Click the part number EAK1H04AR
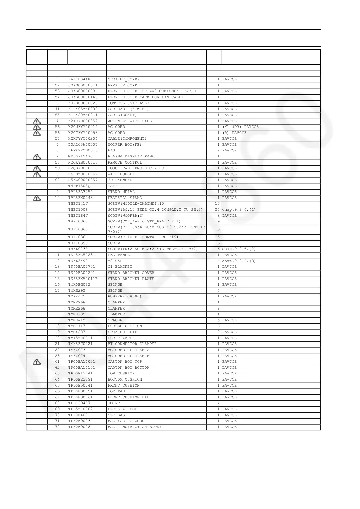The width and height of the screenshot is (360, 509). click(x=79, y=79)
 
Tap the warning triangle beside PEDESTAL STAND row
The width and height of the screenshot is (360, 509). click(x=37, y=198)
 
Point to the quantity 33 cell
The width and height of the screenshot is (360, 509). click(x=217, y=229)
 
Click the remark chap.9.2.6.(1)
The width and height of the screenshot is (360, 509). click(x=239, y=210)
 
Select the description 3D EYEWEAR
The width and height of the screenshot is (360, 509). click(x=120, y=180)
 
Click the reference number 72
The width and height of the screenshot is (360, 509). click(x=57, y=427)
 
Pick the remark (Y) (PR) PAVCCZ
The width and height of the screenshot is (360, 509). click(x=241, y=127)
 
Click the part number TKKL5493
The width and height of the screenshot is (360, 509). click(x=78, y=261)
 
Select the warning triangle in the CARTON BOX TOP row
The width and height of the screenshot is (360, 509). click(x=37, y=362)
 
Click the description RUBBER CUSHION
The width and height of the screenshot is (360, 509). click(x=125, y=326)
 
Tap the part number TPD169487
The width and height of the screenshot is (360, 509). click(x=79, y=403)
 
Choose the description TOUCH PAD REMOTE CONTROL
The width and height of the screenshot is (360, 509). click(x=137, y=168)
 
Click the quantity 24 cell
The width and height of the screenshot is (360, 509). click(x=217, y=210)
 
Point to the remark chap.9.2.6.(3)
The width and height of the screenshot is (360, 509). click(x=239, y=261)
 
